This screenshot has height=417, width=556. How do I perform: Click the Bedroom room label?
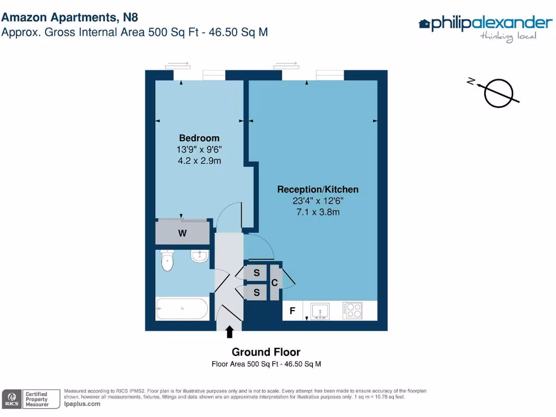(199, 138)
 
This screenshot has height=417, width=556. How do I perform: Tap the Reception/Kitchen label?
(318, 189)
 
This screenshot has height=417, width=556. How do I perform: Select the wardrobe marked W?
(182, 233)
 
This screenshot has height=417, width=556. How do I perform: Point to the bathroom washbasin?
(199, 256)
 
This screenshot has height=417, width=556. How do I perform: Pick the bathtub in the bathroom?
(182, 309)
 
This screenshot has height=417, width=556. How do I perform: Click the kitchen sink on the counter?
(320, 311)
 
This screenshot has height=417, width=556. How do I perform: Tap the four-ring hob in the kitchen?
(352, 311)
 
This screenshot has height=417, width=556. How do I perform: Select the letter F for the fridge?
(292, 311)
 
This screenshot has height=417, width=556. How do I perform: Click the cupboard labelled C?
(275, 283)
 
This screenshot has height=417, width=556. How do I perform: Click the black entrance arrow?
(230, 331)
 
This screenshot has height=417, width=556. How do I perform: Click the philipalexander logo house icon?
(425, 23)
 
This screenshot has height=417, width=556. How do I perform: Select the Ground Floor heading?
(266, 352)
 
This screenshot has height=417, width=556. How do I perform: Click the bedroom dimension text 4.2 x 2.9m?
(199, 161)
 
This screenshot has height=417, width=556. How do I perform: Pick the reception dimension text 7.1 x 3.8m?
(318, 212)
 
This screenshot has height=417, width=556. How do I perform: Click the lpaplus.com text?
(82, 404)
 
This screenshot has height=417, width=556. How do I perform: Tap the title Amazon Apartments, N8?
(66, 17)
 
